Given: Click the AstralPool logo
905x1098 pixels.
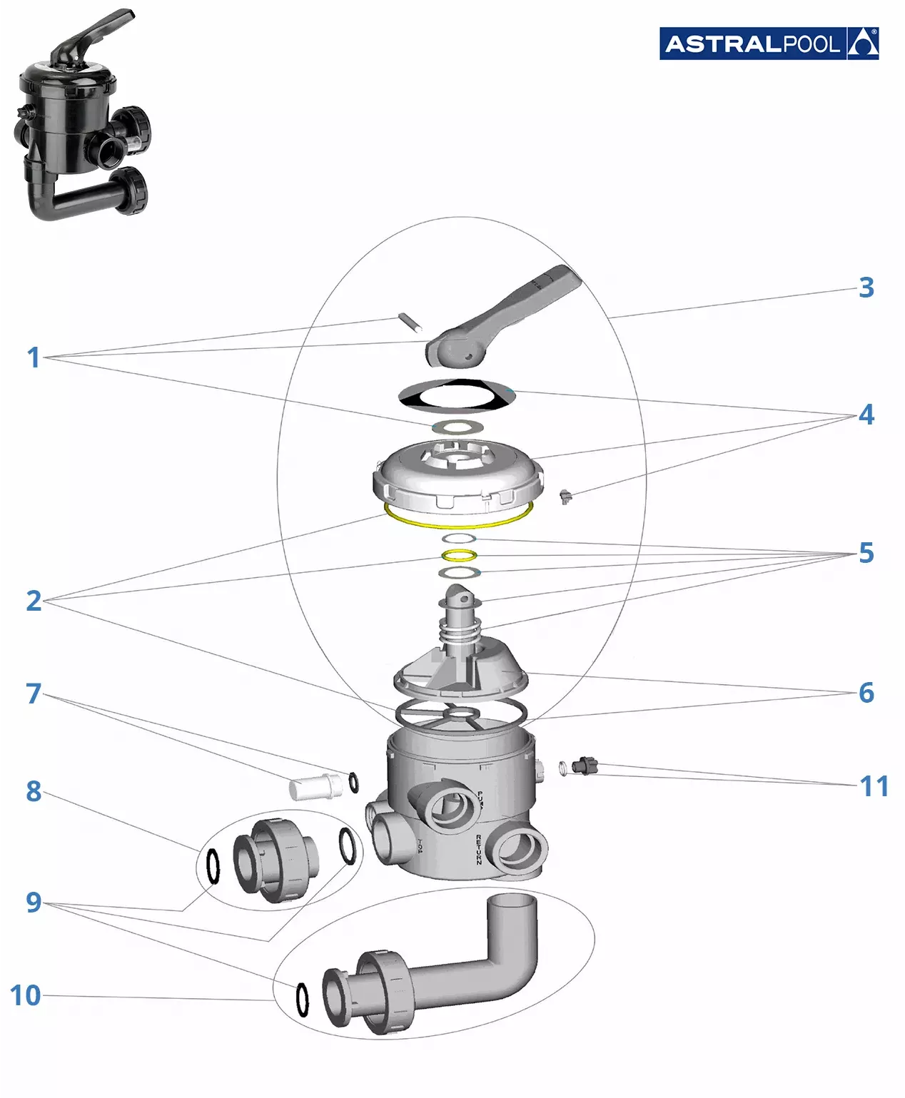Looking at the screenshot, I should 769,44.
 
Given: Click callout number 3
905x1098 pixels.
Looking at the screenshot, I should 866,288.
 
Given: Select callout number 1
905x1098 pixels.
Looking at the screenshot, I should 33,357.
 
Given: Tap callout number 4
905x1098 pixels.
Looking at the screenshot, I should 866,415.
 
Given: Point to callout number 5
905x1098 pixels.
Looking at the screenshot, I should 866,553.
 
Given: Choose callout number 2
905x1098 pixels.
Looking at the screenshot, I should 34,601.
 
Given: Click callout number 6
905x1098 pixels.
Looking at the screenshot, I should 866,692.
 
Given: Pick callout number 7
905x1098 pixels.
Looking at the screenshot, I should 34,693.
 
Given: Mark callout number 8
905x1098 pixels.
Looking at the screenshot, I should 34,791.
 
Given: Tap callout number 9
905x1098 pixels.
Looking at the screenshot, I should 34,903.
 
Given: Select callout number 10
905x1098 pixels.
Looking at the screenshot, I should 26,995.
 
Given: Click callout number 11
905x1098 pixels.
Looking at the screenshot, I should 874,786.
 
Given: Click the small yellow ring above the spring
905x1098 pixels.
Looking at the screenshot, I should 458,555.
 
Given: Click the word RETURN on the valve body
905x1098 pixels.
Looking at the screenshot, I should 478,849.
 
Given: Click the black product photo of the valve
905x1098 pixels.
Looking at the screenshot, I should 82,118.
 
